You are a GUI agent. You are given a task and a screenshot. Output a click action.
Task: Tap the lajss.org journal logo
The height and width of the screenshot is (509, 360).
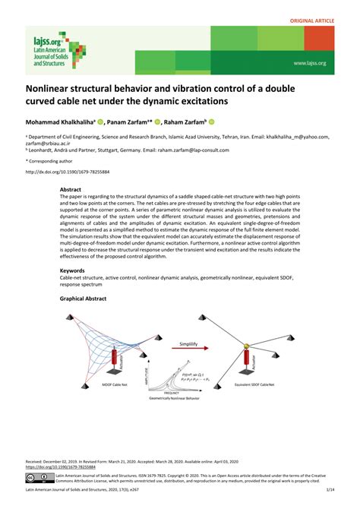pyautogui.click(x=46, y=49)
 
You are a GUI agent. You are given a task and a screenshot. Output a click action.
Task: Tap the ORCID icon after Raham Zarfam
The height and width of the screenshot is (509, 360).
pyautogui.click(x=212, y=120)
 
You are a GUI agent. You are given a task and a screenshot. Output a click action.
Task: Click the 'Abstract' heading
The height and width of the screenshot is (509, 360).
pyautogui.click(x=71, y=188)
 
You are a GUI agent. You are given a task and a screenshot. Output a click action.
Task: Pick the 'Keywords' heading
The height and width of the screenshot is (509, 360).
pyautogui.click(x=73, y=271)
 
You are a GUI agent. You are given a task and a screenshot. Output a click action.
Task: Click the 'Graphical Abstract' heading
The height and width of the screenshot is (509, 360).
pyautogui.click(x=83, y=299)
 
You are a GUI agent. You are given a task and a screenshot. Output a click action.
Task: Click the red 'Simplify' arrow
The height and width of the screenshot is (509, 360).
pyautogui.click(x=193, y=350)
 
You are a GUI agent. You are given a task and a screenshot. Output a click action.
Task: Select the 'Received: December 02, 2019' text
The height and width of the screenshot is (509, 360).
pyautogui.click(x=60, y=460)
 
